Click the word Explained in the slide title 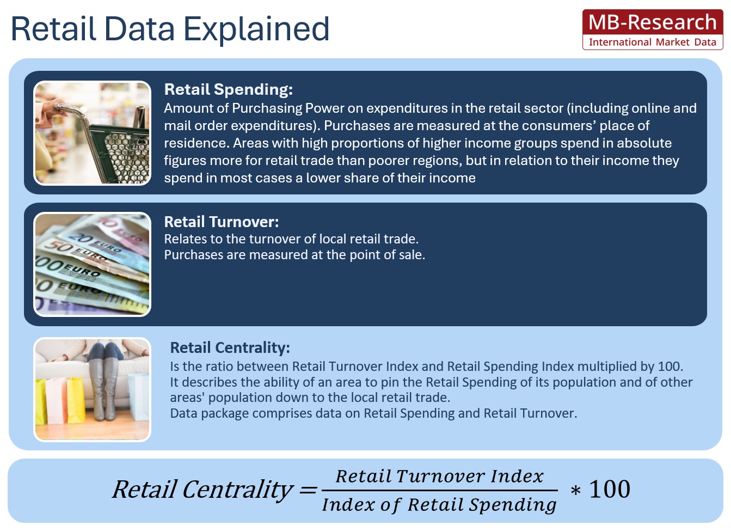point(256,30)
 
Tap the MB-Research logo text point(653,22)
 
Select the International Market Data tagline point(653,42)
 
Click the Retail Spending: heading point(229,89)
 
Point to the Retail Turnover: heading point(222,222)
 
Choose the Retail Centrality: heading point(230,347)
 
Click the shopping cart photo point(93,133)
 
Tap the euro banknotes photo point(93,264)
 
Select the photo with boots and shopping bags point(93,389)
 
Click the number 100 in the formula point(610,489)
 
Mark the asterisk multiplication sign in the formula point(576,490)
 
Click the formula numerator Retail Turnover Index point(440,476)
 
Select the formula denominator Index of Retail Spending point(439,505)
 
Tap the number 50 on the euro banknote point(55,246)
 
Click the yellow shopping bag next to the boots point(76,400)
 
